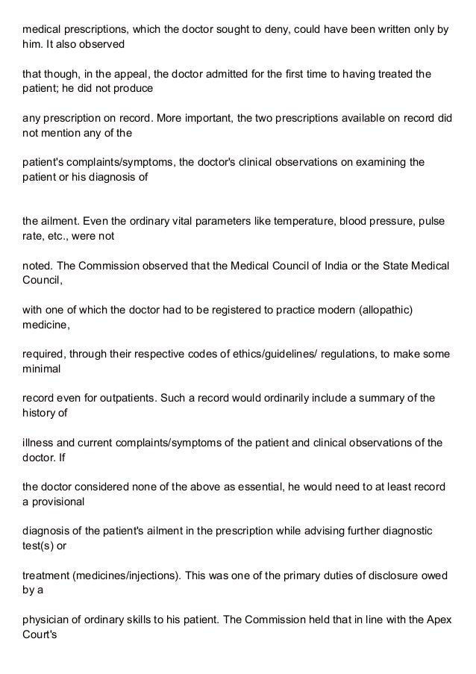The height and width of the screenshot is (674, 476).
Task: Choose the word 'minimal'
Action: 42,367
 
